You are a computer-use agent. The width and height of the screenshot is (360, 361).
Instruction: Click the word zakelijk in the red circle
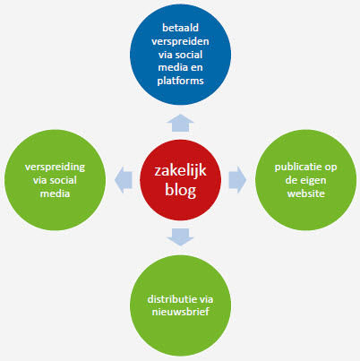[180, 171]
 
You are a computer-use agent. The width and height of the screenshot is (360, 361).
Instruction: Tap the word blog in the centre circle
[180, 190]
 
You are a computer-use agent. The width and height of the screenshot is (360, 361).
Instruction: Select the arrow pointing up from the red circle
[180, 123]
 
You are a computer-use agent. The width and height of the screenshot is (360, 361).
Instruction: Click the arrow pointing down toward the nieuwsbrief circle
[180, 237]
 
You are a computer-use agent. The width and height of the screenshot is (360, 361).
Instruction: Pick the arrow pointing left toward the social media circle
[124, 180]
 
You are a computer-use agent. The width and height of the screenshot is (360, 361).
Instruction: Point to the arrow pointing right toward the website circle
[237, 180]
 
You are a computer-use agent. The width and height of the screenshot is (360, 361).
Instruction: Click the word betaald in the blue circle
[180, 28]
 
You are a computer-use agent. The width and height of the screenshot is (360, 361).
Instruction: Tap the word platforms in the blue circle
[180, 81]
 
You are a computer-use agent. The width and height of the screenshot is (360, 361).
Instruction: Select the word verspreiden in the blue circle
[180, 41]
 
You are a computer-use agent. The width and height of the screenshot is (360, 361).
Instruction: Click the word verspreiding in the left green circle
[55, 167]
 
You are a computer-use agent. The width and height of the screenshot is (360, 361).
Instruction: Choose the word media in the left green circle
[55, 193]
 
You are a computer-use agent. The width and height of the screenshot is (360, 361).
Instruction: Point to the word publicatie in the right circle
[296, 167]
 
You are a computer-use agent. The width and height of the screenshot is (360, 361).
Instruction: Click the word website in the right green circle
[306, 193]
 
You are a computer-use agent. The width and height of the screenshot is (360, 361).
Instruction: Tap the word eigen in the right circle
[313, 181]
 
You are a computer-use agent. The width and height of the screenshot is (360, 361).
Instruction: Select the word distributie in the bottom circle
[171, 299]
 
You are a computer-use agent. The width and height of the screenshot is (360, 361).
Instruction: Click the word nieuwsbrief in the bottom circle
[180, 312]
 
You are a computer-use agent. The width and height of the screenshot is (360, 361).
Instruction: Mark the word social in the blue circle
[189, 55]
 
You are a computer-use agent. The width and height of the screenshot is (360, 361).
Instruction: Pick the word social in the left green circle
[63, 180]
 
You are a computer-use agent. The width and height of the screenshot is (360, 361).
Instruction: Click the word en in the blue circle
[196, 68]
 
